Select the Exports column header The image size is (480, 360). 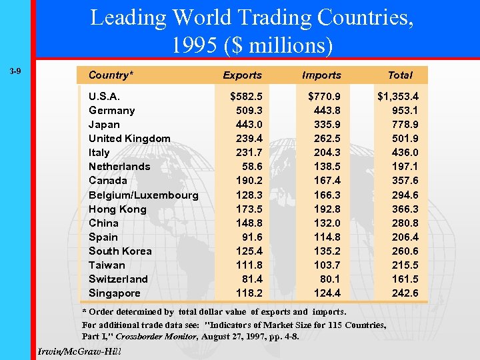(x=242, y=75)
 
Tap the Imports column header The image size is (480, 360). (x=321, y=75)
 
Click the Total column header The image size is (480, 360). (x=400, y=75)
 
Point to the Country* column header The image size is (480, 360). (x=111, y=75)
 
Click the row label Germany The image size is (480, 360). (x=111, y=111)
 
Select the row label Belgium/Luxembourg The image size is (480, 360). (x=143, y=195)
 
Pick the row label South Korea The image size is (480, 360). (x=120, y=251)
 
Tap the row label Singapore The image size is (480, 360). (x=115, y=293)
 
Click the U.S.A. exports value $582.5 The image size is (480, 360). (x=246, y=97)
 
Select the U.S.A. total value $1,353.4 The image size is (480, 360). (x=403, y=97)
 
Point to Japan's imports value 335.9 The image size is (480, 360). (x=327, y=125)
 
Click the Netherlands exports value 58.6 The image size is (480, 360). (x=251, y=167)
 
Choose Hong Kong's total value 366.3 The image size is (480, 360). (x=405, y=209)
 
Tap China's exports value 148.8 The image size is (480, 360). (x=249, y=223)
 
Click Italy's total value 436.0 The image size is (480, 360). (x=405, y=153)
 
